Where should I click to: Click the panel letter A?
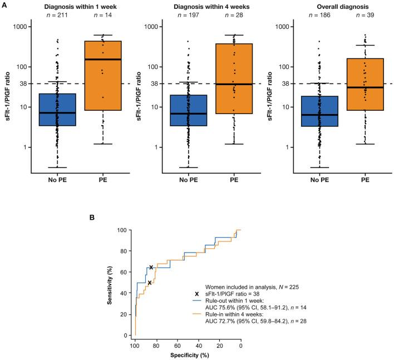4,3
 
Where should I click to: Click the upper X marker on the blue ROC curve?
151,268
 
